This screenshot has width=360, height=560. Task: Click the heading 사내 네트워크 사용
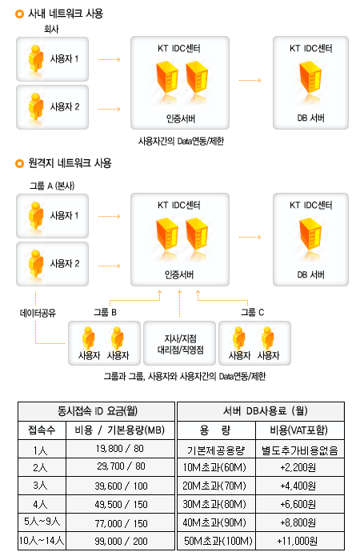[66, 14]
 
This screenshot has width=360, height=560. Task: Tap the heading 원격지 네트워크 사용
[70, 163]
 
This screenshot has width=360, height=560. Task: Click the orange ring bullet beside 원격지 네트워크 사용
[19, 163]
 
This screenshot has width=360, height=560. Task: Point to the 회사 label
[51, 29]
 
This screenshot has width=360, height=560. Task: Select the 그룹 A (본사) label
[52, 186]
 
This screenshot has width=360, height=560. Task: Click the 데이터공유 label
[38, 314]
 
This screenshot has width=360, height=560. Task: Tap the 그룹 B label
[105, 313]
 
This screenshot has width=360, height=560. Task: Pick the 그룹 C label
[253, 313]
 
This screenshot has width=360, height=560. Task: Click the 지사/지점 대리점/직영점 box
[180, 343]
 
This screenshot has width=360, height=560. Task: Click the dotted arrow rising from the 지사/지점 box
[180, 303]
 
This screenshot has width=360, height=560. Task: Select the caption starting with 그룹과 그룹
[185, 376]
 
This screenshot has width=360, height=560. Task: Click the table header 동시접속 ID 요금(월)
[97, 411]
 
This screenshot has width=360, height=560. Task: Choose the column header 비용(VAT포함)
[299, 430]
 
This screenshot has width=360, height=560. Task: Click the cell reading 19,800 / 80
[120, 449]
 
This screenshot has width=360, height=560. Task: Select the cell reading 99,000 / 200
[121, 542]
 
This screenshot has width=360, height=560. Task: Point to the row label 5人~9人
[42, 522]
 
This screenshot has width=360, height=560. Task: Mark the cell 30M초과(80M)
[214, 504]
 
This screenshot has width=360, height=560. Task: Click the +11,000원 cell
[298, 542]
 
